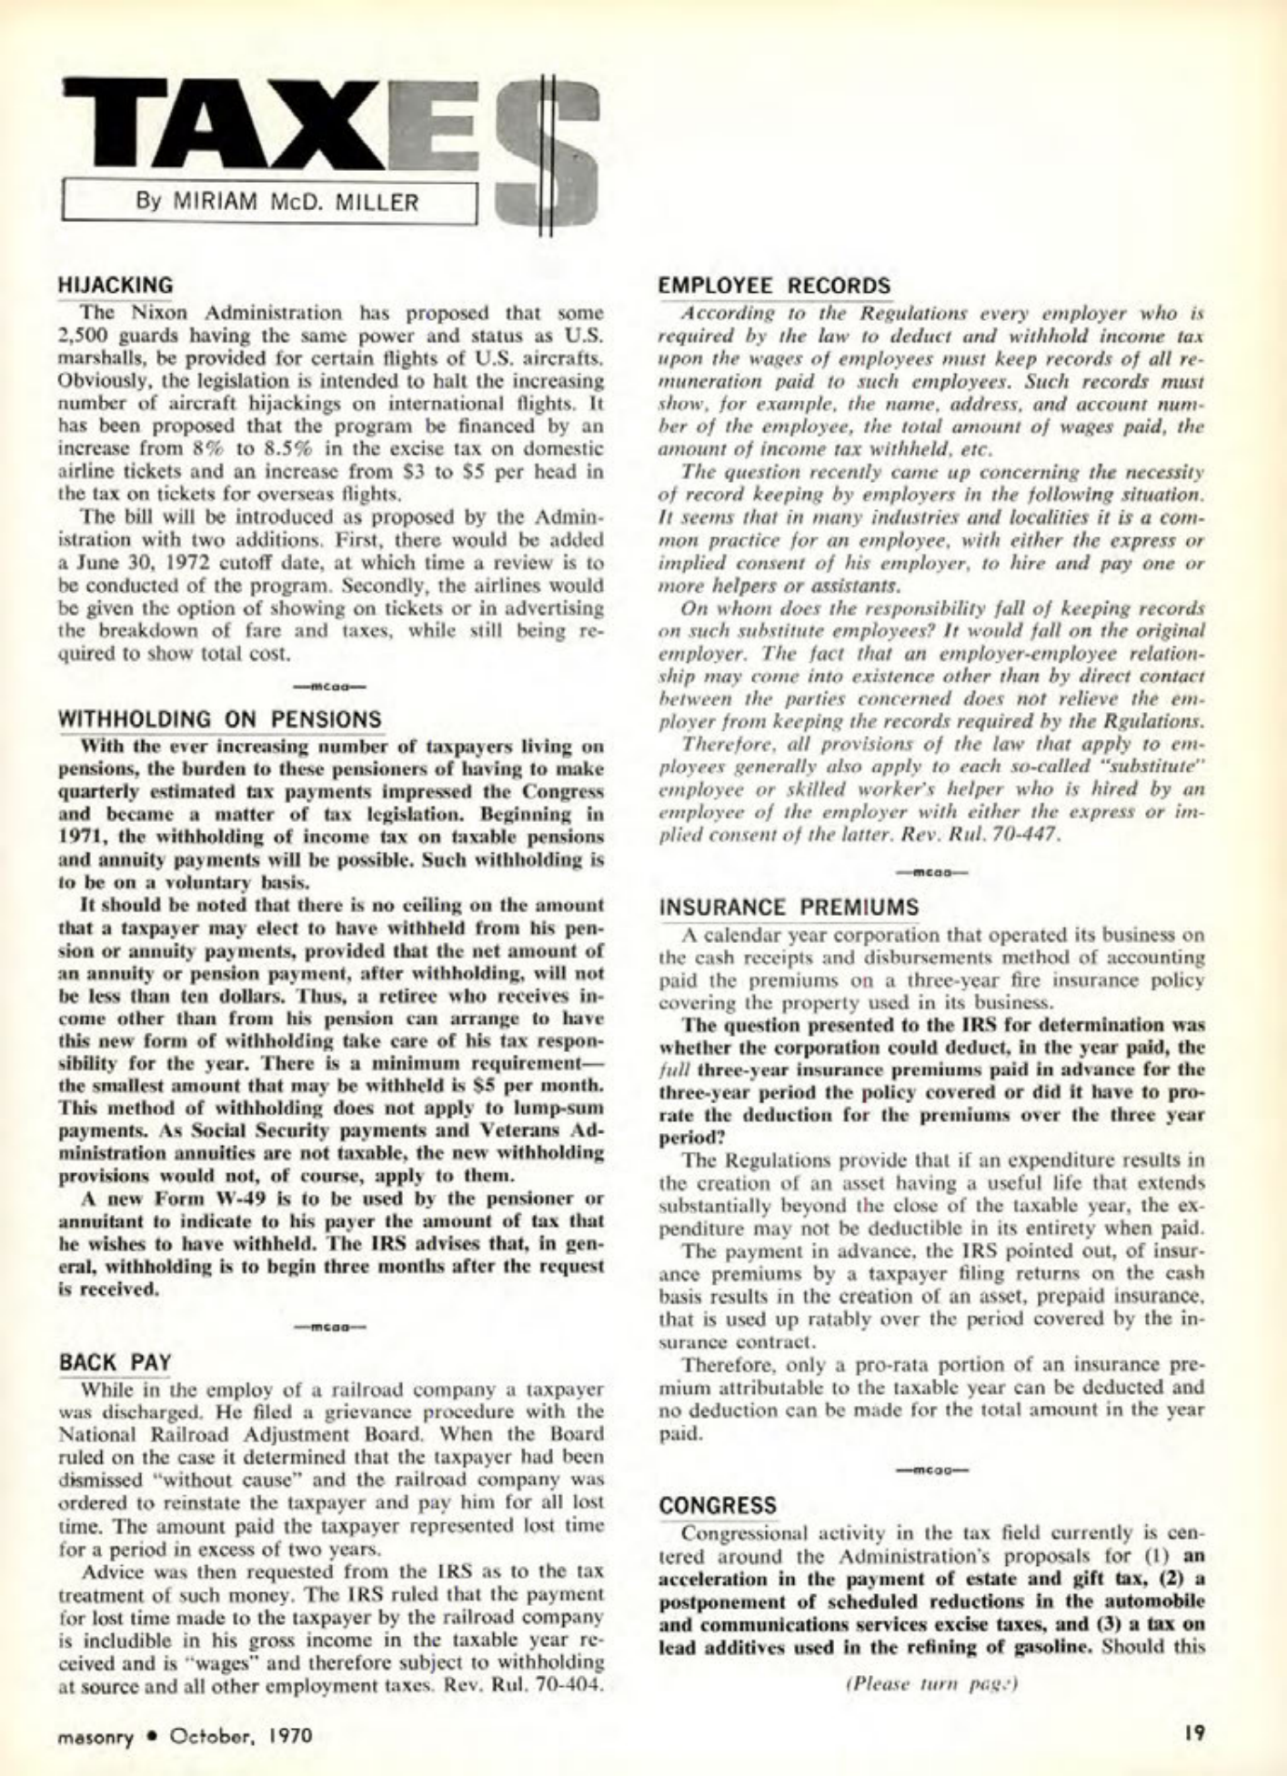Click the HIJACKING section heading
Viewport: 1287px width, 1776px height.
tap(115, 286)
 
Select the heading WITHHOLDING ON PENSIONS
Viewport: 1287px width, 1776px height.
tap(220, 719)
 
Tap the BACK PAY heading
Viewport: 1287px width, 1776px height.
tap(115, 1363)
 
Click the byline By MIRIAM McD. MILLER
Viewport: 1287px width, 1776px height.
tap(277, 202)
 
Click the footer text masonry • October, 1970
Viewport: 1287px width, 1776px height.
tap(185, 1734)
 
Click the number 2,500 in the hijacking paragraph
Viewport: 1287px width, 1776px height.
tap(85, 336)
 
